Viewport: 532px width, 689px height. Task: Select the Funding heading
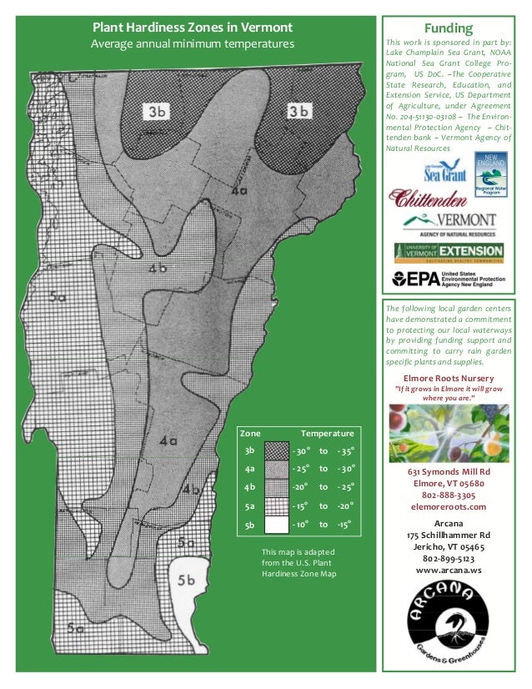448,28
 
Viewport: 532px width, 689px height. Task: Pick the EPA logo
448,278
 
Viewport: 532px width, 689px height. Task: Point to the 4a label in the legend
249,470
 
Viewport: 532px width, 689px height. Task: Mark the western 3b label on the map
156,111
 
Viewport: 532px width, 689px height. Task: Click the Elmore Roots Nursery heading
448,378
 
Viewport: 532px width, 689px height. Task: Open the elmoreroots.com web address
448,505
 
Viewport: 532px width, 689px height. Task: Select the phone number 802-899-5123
448,558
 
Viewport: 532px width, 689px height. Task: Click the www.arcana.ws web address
448,570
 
